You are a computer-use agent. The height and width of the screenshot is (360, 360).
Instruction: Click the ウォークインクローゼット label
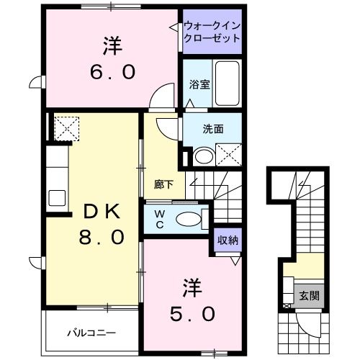pos(211,32)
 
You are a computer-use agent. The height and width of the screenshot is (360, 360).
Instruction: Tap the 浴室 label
pos(199,84)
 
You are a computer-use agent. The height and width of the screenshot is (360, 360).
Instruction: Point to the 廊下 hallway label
pos(163,184)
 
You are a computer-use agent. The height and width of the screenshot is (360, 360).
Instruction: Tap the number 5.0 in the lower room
pos(192,314)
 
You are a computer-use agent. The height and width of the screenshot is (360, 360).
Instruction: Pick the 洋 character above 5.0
pos(192,288)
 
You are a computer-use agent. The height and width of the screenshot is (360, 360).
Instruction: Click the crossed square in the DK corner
pos(67,127)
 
